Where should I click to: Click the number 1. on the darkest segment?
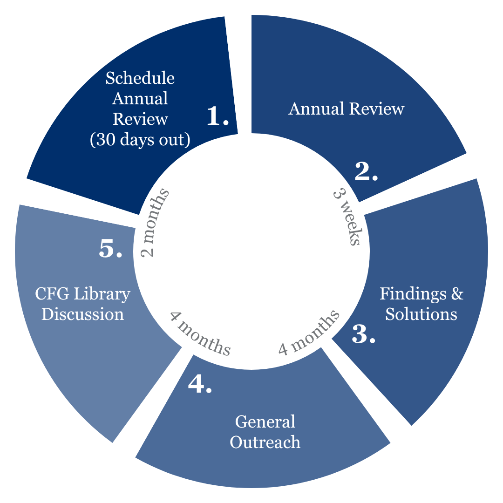(218, 116)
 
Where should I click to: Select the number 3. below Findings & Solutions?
(363, 334)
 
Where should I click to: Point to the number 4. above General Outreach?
(200, 384)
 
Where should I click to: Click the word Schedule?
(140, 78)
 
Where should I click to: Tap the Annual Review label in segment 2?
(347, 109)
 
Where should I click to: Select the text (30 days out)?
(140, 139)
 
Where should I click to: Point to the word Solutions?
(421, 314)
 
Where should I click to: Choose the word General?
(265, 421)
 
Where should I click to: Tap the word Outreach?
(265, 442)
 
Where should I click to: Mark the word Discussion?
(83, 314)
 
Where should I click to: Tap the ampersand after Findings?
(458, 294)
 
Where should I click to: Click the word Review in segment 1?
(140, 119)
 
